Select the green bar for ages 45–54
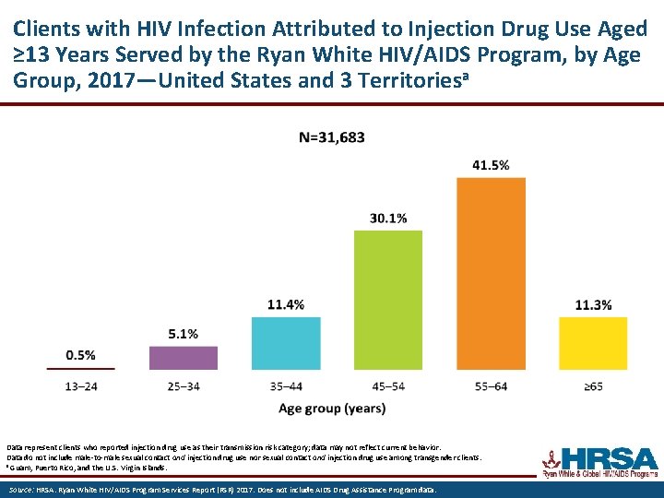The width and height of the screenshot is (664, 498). [x=388, y=300]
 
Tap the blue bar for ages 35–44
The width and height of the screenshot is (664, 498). [x=286, y=343]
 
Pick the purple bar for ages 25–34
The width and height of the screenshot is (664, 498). [x=184, y=358]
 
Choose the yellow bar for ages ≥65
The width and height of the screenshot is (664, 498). [x=593, y=343]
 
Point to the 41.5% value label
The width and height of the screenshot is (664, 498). [x=491, y=165]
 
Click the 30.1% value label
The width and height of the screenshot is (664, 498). [x=388, y=219]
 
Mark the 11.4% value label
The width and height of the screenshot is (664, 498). [x=286, y=305]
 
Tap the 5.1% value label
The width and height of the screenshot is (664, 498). [x=184, y=334]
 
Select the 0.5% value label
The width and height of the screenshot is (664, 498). [x=81, y=355]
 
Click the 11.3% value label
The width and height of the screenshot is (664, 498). [x=593, y=305]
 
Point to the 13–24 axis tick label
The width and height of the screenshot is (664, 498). [x=81, y=385]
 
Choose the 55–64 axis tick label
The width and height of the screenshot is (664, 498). [x=491, y=385]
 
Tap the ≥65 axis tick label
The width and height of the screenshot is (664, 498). [x=593, y=385]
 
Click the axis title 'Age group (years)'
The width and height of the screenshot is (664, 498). [x=332, y=409]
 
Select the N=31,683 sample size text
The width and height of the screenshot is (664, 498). [x=332, y=137]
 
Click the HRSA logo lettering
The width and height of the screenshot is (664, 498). [x=609, y=458]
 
